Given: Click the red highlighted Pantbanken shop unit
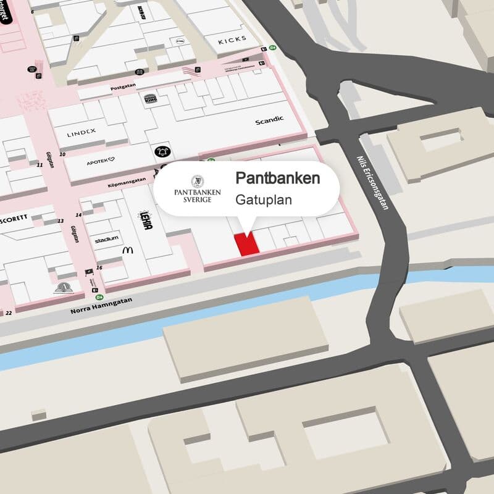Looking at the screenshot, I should click(246, 243).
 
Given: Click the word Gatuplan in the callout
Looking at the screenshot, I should click(263, 200).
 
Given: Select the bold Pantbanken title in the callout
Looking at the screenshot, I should click(278, 178).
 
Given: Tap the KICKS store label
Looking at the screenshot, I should click(232, 40).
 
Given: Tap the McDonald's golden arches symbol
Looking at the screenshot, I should click(128, 250).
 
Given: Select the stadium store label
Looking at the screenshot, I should click(106, 239).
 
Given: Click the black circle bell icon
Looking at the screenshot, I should click(162, 152).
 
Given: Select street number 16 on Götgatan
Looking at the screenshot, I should click(99, 267).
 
